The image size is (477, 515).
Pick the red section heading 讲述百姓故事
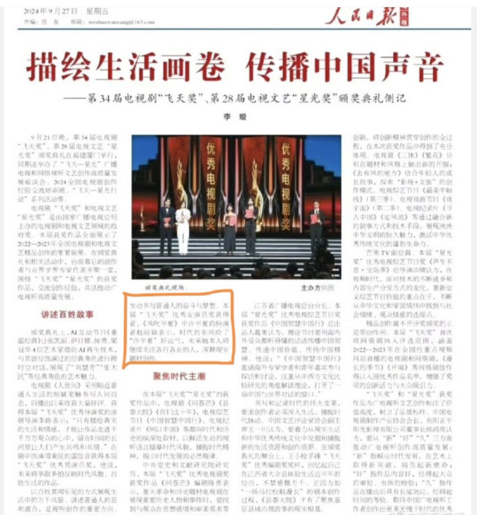pos(66,315)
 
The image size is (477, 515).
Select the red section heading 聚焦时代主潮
pos(179,377)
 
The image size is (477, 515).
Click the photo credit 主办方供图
pos(318,288)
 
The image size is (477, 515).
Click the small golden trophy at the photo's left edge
pos(142,217)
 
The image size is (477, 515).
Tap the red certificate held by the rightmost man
pos(314,219)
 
